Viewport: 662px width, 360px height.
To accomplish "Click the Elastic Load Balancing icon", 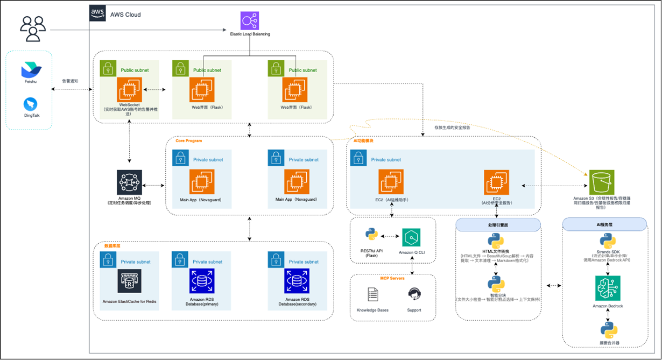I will tap(249, 20).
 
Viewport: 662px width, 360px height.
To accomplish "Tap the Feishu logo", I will tap(31, 70).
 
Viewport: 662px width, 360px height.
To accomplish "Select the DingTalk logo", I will tap(31, 104).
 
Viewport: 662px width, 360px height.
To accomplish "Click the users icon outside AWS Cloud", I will tap(33, 29).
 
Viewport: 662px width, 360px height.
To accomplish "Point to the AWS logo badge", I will tap(97, 13).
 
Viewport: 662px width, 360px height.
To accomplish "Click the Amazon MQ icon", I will tap(129, 182).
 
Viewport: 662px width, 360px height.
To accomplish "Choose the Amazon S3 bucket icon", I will tap(601, 182).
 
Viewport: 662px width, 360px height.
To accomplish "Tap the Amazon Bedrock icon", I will tap(608, 288).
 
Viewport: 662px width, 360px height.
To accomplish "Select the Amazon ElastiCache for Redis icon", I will tap(129, 281).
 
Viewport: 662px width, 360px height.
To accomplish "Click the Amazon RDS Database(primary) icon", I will tap(202, 281).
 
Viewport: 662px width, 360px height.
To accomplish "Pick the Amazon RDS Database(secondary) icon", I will tap(297, 281).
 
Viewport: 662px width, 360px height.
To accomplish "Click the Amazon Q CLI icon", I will tap(411, 237).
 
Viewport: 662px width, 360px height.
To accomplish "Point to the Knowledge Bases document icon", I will tap(372, 294).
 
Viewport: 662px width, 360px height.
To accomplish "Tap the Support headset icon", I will tap(414, 294).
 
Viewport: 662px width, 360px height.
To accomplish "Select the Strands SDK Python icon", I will tap(608, 241).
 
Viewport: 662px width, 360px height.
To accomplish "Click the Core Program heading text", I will tap(189, 141).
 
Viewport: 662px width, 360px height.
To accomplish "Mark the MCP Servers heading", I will tap(392, 278).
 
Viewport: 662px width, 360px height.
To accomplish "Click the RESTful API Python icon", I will tap(371, 235).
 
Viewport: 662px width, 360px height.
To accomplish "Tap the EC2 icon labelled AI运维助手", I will tap(391, 182).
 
